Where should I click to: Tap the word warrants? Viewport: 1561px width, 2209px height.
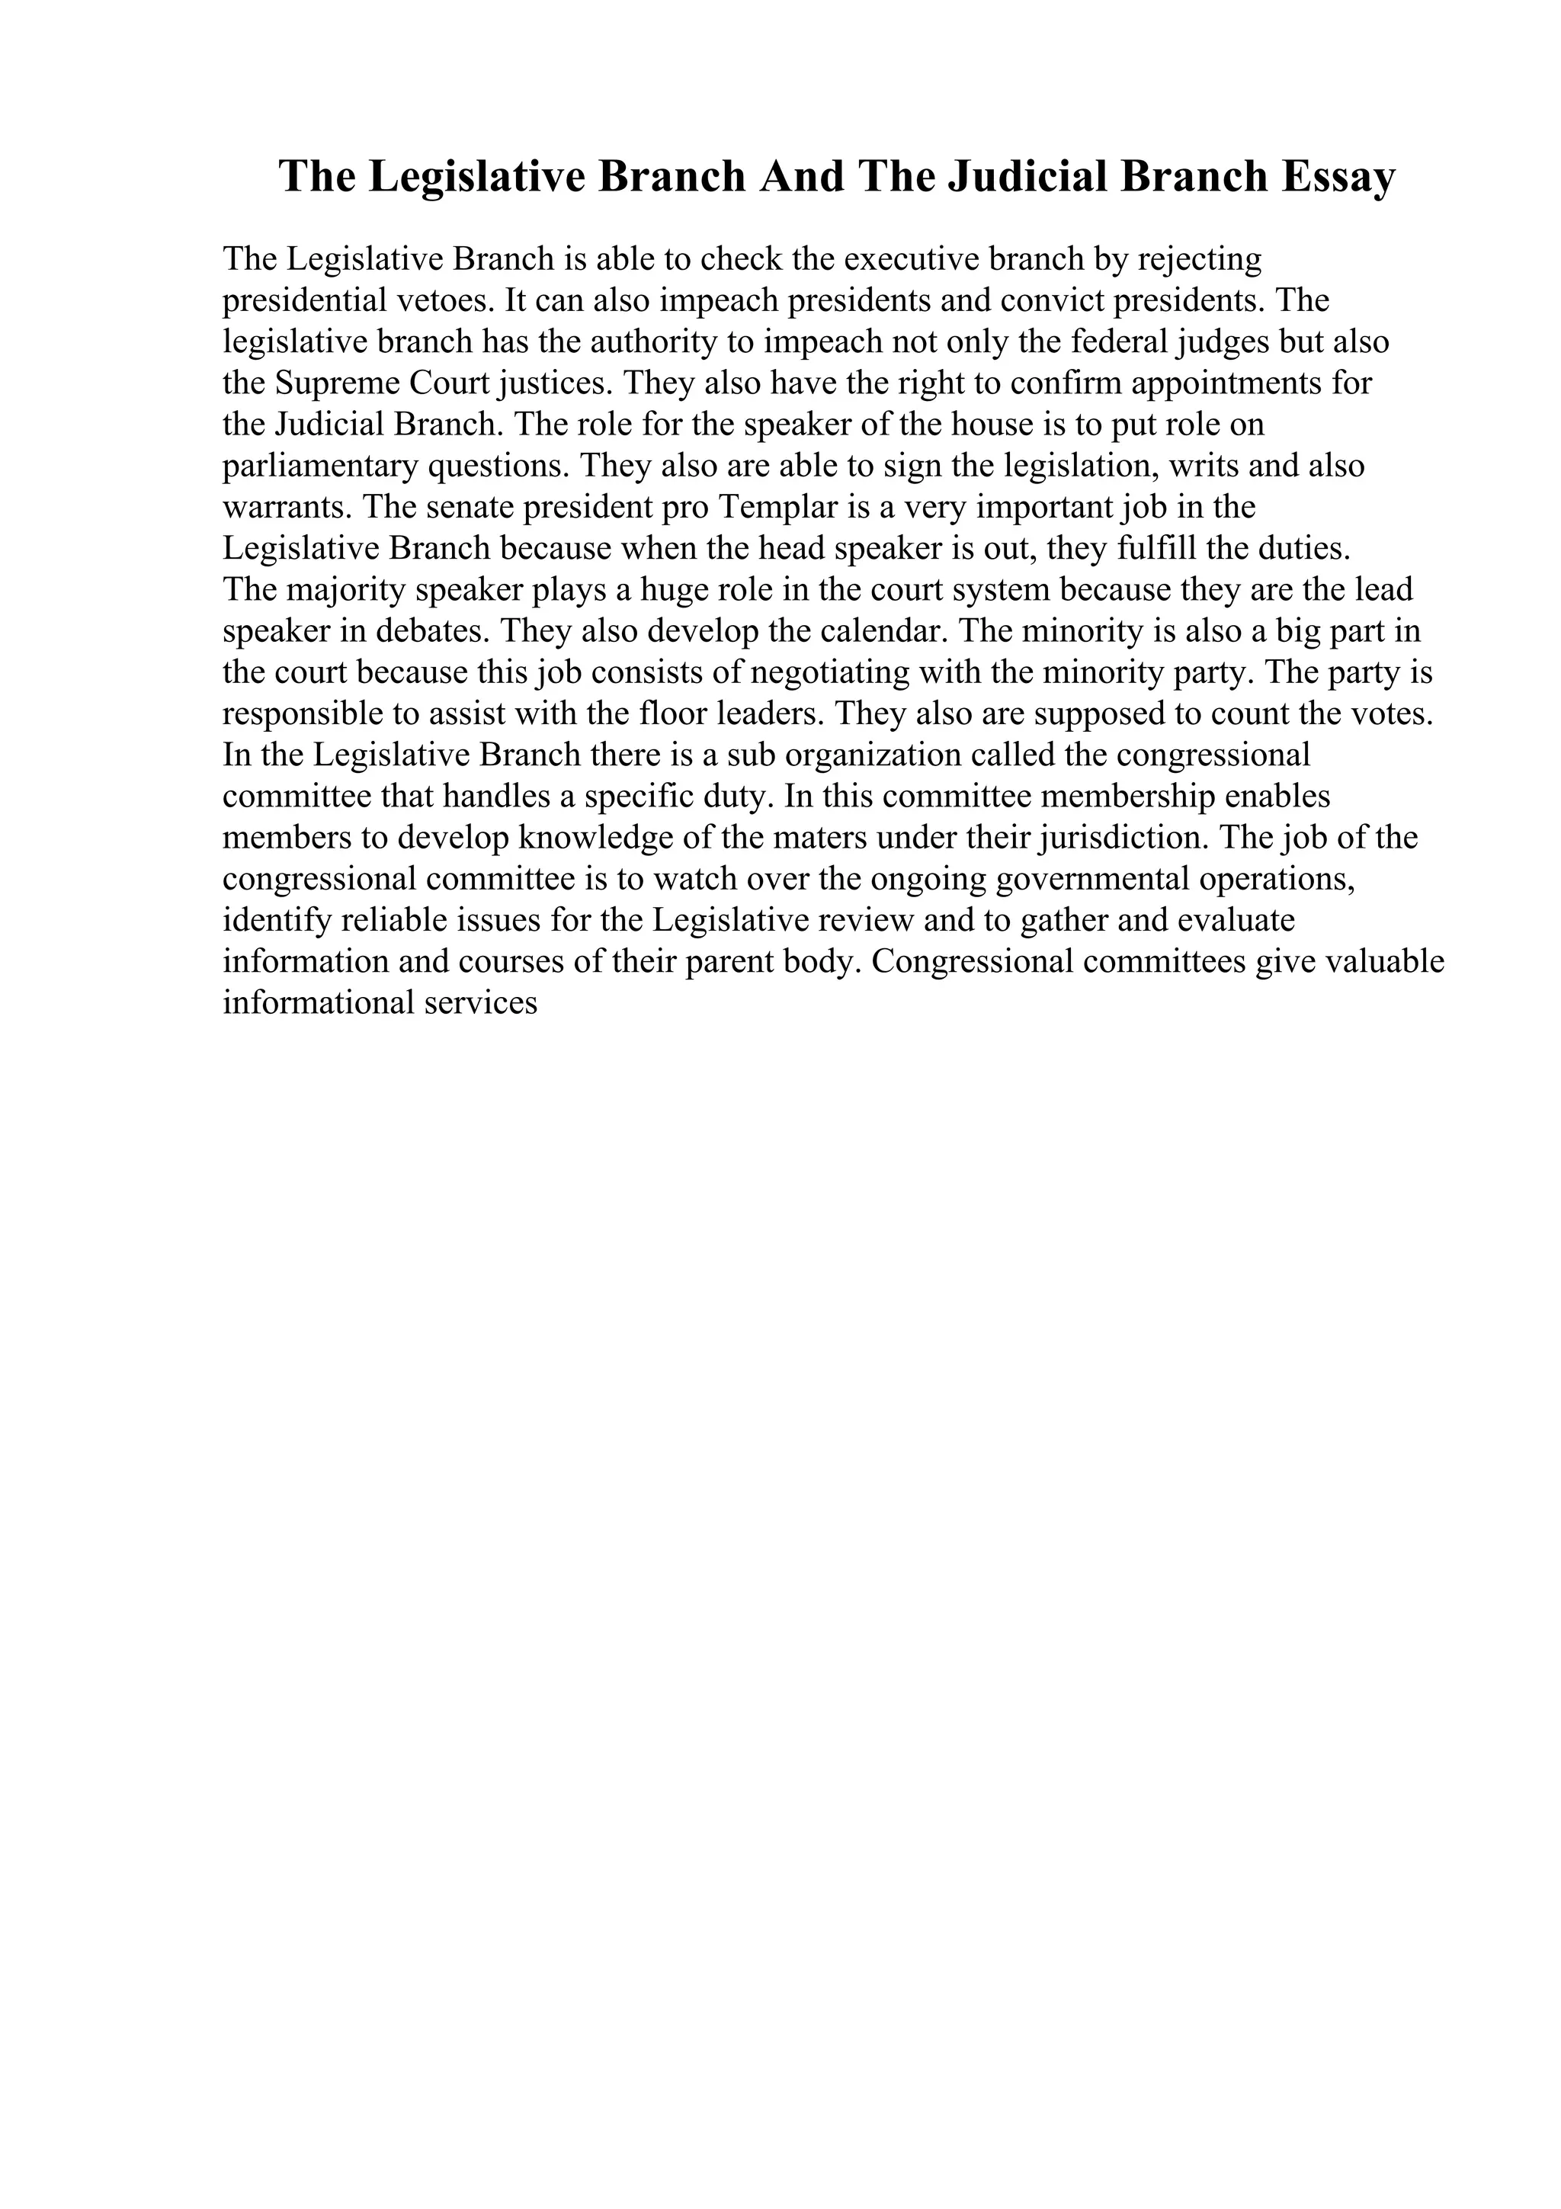(x=287, y=508)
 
